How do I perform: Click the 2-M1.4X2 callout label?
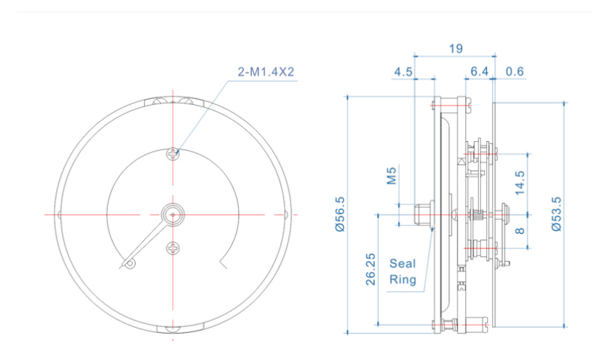pos(267,73)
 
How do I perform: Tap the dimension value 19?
pos(455,49)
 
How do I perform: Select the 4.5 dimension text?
pos(403,72)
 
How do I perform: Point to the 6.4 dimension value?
pos(480,72)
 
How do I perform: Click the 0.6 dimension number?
pos(515,72)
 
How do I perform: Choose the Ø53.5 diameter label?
pos(555,214)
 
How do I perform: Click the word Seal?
pos(402,263)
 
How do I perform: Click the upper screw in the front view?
pos(173,153)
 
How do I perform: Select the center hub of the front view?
pos(172,214)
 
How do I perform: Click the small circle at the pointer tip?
pos(130,263)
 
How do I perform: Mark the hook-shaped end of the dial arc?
pos(223,263)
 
